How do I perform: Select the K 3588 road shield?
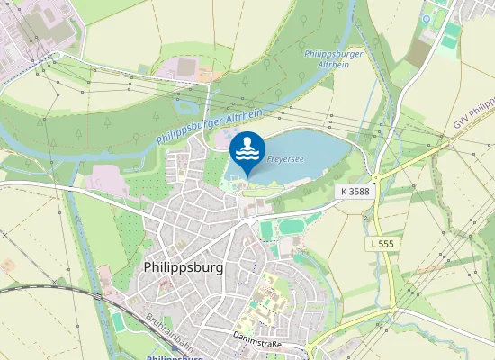point(355,192)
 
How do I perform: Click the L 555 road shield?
point(384,244)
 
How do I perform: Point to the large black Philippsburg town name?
point(184,268)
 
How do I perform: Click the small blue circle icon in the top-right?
point(426,18)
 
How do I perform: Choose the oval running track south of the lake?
point(291,226)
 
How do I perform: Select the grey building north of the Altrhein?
point(185,67)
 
